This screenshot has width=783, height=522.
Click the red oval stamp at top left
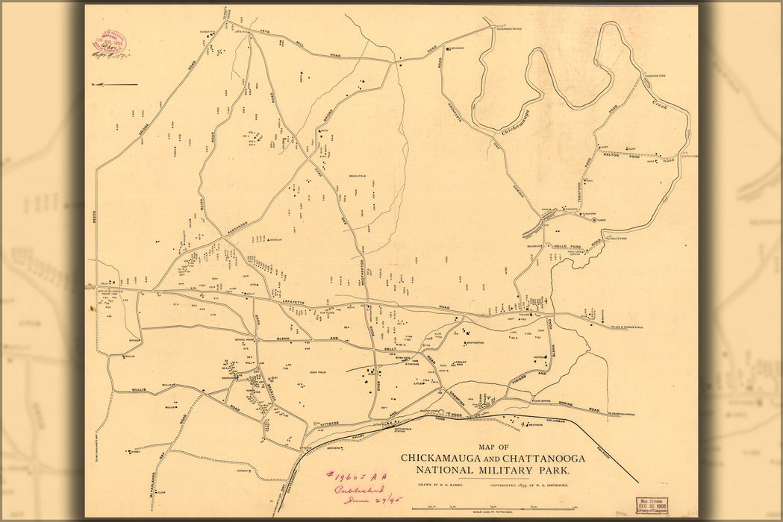tap(109, 42)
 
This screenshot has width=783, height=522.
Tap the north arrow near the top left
tap(113, 84)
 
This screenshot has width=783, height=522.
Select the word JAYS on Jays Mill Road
tap(264, 31)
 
